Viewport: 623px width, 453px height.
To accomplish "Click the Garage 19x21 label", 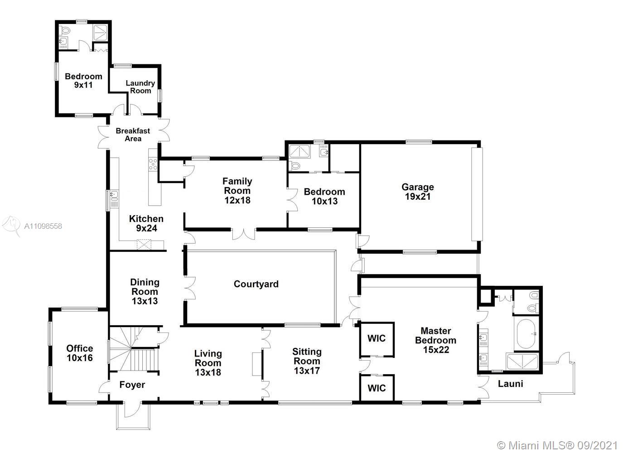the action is click(x=417, y=192).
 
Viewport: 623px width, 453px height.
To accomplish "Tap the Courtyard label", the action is click(x=256, y=284).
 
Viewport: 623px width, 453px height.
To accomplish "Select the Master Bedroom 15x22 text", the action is click(x=435, y=340).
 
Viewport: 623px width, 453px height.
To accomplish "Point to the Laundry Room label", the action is click(x=140, y=87).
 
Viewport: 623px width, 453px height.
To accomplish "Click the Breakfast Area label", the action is click(x=133, y=135).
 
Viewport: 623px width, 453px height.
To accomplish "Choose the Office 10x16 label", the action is click(x=80, y=353).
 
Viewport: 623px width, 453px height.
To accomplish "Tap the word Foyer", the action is click(x=132, y=385).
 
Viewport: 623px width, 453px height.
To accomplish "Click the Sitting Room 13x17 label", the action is click(x=307, y=361).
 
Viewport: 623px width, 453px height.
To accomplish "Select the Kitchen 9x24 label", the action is click(x=146, y=223).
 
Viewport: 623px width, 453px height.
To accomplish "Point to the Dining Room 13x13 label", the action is click(x=145, y=291).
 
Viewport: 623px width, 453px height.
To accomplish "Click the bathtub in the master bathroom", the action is click(x=526, y=334).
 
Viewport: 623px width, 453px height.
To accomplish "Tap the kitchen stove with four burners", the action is click(x=153, y=164).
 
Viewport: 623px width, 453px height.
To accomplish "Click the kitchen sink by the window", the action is click(x=114, y=195).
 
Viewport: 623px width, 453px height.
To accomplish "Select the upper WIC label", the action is click(x=377, y=338).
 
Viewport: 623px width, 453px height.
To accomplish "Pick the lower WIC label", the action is click(x=377, y=388).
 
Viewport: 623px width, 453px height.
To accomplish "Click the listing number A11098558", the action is click(x=43, y=226).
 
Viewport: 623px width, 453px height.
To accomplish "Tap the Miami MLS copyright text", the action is click(x=557, y=446).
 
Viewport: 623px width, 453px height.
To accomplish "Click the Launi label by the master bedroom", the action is click(x=510, y=384).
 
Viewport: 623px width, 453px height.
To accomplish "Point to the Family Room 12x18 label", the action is click(x=237, y=191).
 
